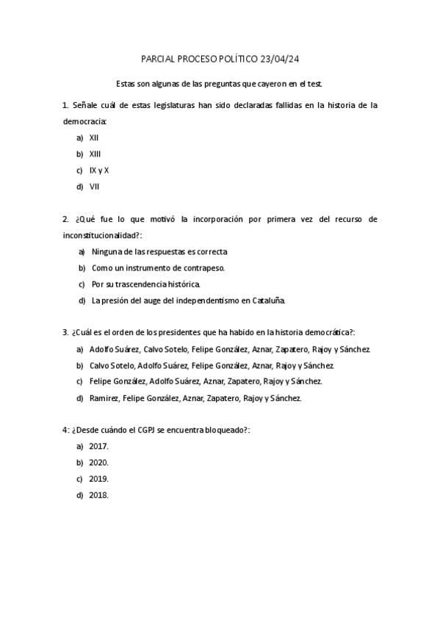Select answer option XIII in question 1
pos(95,154)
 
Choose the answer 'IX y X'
pos(99,170)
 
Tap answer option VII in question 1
pos(94,186)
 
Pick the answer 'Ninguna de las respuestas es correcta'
pos(159,251)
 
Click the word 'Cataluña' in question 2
pos(267,300)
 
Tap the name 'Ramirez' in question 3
pos(103,397)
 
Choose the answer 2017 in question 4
pos(98,446)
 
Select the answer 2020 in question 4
pos(98,462)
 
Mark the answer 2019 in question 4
pos(98,478)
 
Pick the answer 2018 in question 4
pos(98,494)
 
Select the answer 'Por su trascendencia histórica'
pos(145,284)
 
